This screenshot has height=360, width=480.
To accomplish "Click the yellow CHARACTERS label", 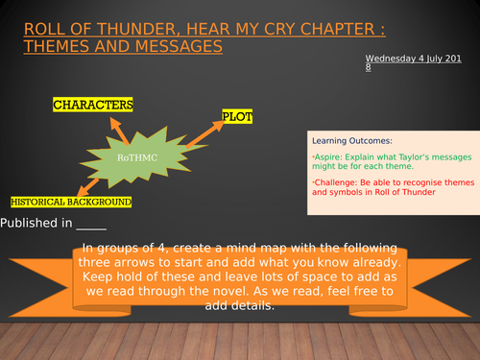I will click(x=92, y=104).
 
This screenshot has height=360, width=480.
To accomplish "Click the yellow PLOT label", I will click(x=237, y=116).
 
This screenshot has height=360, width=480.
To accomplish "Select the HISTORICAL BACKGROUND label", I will click(x=70, y=203).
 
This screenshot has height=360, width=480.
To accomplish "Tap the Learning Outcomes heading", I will click(x=344, y=140).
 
